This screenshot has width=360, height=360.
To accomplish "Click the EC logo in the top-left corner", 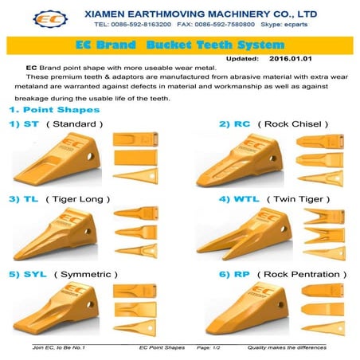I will click(25, 18).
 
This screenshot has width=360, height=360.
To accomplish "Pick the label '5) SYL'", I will click(25, 273).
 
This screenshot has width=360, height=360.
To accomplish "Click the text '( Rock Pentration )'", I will click(308, 273).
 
